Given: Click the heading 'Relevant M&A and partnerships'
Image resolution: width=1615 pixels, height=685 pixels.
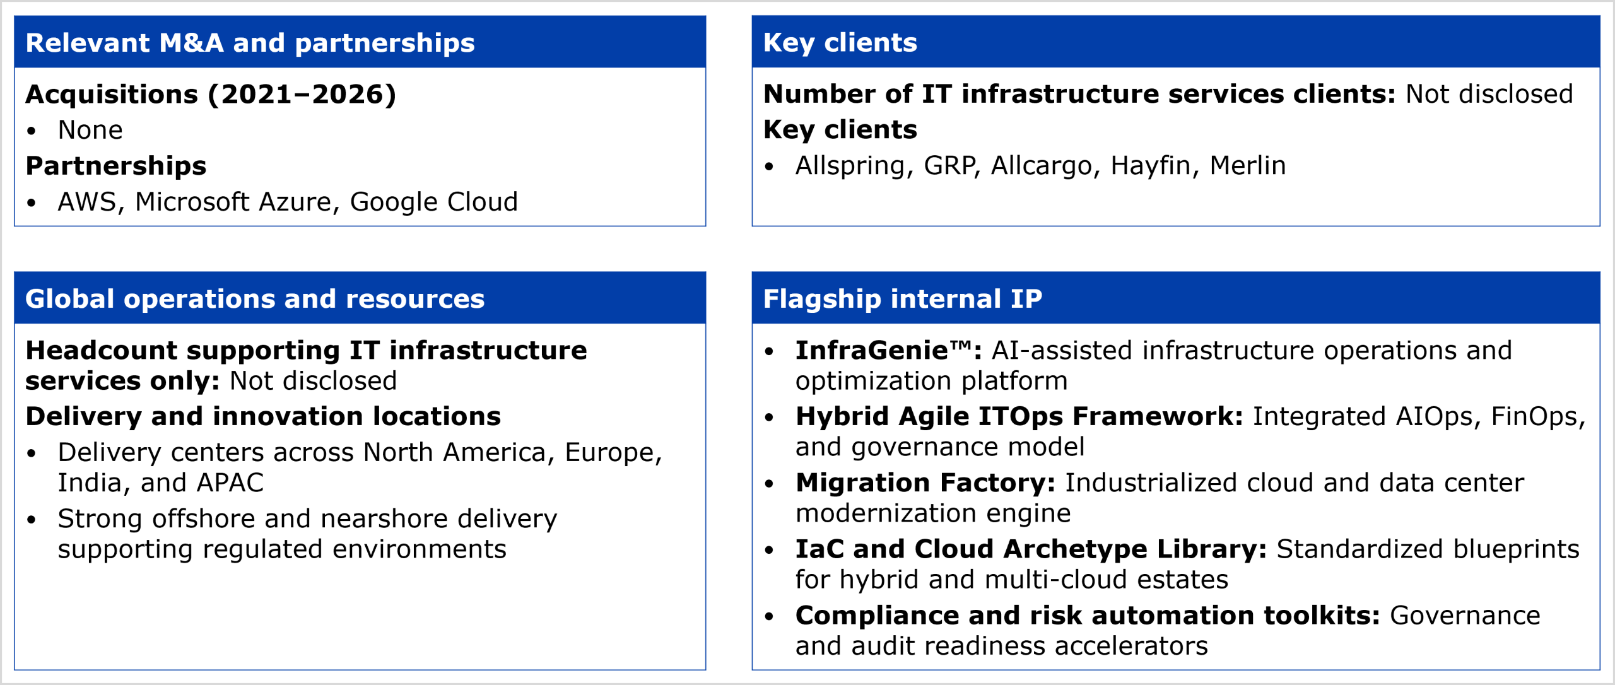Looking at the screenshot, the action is [250, 43].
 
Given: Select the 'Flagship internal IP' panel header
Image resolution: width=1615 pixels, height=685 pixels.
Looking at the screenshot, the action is [902, 299].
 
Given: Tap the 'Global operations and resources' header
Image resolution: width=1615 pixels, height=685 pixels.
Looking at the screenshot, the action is [255, 299].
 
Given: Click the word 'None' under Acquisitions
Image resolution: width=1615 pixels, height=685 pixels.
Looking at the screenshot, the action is [90, 130].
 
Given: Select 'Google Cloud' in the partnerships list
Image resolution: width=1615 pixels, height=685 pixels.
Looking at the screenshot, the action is [434, 202].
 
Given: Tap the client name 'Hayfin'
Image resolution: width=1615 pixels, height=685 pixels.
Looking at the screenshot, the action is [1150, 166].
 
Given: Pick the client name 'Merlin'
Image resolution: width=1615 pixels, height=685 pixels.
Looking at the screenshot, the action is [1247, 166].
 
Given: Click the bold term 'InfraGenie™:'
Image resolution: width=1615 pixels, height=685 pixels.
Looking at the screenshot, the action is [889, 351].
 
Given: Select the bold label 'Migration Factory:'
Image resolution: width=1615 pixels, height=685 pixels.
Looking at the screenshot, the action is [925, 483].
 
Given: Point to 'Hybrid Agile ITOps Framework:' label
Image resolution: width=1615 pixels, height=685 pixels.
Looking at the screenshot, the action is [1019, 417].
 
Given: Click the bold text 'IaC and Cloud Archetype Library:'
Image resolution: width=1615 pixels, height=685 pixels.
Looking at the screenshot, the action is [1031, 549].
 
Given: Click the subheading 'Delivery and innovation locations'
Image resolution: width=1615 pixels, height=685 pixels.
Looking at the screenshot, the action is [263, 417].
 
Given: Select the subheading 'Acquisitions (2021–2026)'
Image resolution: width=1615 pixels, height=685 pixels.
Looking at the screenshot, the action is [211, 95].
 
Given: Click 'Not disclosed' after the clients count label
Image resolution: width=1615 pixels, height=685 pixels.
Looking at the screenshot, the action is [1489, 95].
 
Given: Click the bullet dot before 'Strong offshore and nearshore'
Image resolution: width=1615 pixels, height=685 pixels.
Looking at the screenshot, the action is [32, 520].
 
